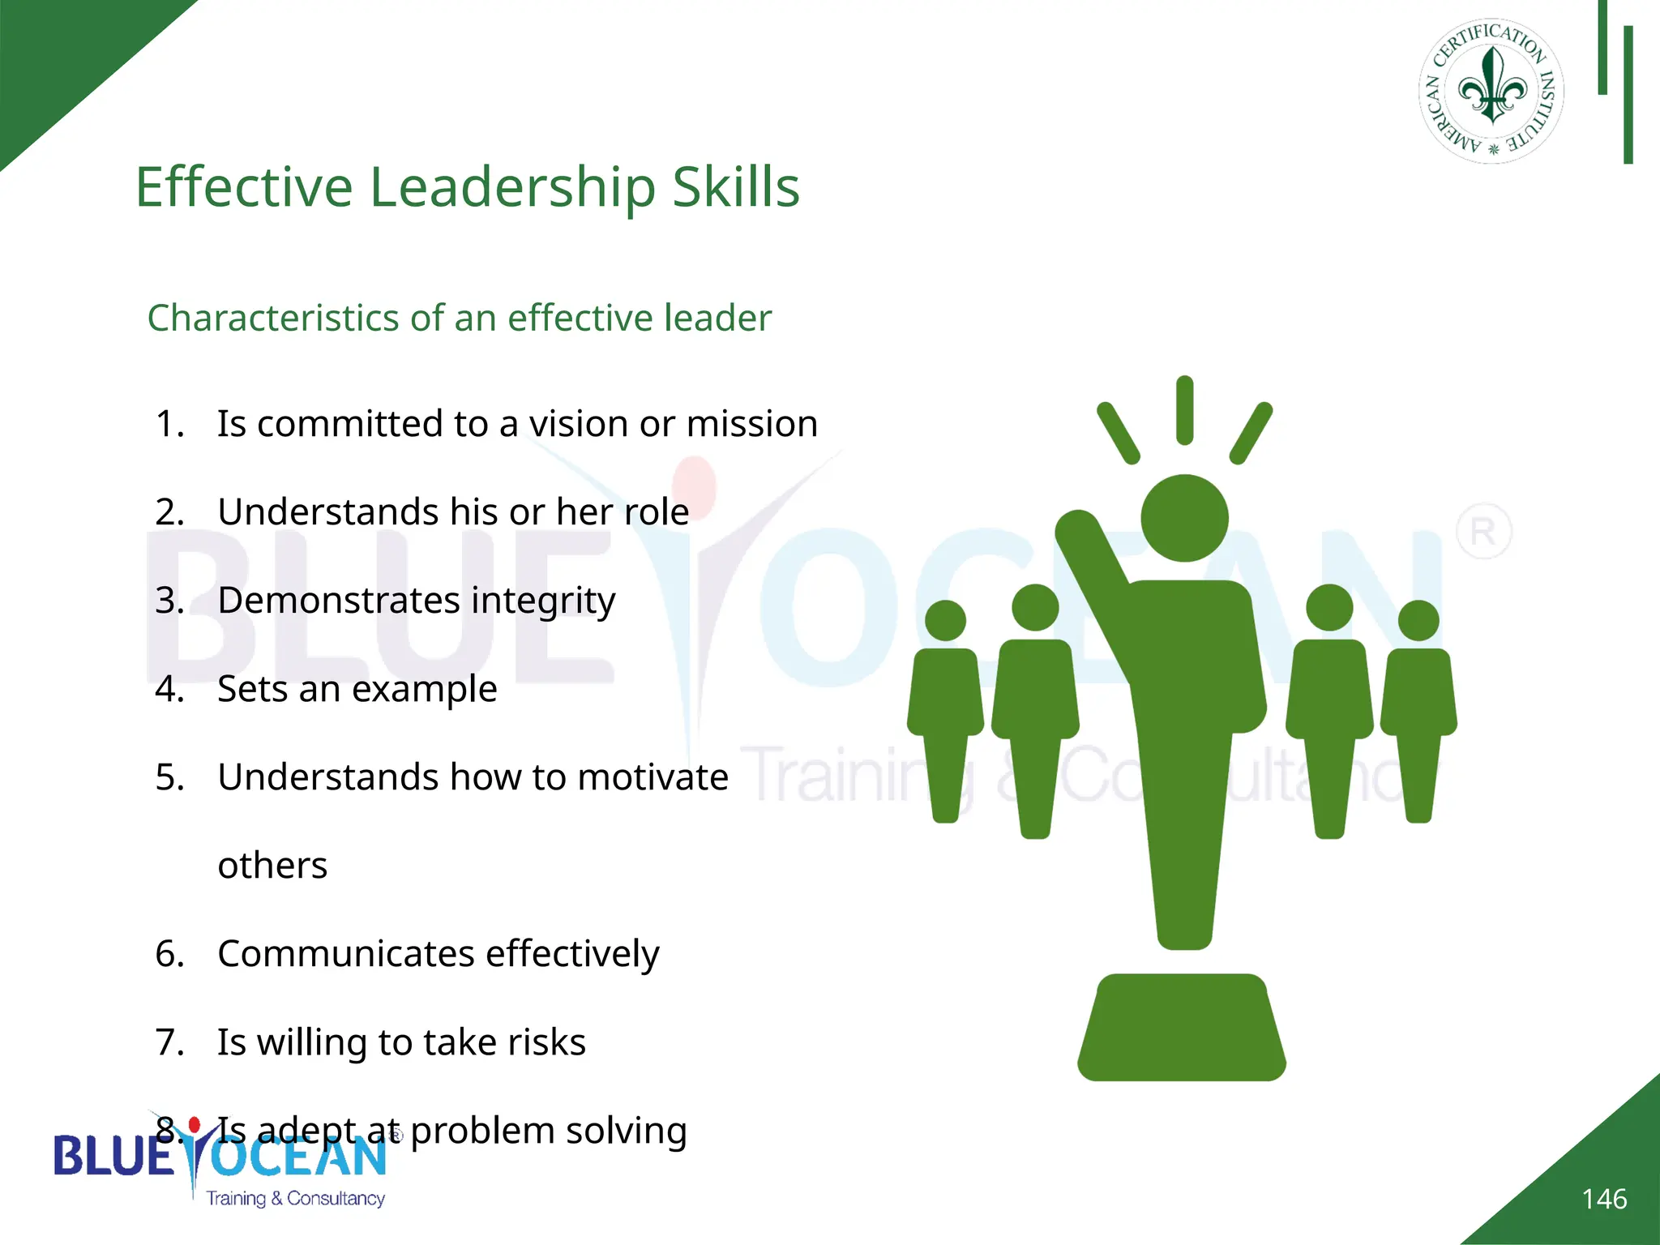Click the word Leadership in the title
[512, 188]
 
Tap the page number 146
[1603, 1199]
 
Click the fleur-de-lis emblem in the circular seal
[1492, 86]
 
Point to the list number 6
[169, 954]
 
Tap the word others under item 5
[272, 866]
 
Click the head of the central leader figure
[1184, 518]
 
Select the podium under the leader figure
[1182, 1028]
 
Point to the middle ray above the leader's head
[1184, 410]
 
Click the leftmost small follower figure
[945, 705]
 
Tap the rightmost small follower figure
[1418, 705]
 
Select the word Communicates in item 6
[346, 954]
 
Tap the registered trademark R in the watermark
[1483, 532]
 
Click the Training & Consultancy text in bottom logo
[295, 1198]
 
